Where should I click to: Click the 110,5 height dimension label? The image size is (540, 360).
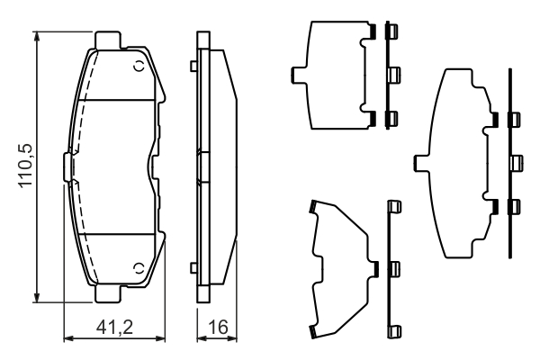(25, 166)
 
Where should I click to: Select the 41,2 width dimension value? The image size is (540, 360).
(114, 327)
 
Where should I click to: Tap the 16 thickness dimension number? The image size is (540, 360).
(218, 327)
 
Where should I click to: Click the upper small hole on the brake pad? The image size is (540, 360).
(139, 66)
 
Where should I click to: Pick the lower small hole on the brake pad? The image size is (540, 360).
(139, 268)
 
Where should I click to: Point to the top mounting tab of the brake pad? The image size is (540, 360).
(107, 40)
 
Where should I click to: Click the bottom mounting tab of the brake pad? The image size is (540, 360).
(107, 293)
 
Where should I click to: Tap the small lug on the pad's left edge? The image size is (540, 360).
(67, 166)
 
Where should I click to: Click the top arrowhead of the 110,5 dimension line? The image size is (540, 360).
(37, 36)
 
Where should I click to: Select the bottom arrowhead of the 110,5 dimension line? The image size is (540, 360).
(37, 298)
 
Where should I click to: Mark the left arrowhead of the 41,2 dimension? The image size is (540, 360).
(69, 338)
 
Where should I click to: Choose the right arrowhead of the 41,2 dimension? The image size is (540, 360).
(160, 338)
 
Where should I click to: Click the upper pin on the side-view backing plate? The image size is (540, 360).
(193, 66)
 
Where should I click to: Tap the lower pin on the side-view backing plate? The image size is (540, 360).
(193, 268)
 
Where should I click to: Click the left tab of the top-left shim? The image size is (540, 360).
(298, 75)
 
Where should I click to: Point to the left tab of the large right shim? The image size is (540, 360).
(421, 163)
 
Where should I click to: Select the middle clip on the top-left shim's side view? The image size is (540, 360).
(393, 75)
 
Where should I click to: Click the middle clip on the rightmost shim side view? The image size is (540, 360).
(517, 163)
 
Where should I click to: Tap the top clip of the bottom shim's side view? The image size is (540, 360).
(395, 207)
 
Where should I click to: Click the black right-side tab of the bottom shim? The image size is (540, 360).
(376, 269)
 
